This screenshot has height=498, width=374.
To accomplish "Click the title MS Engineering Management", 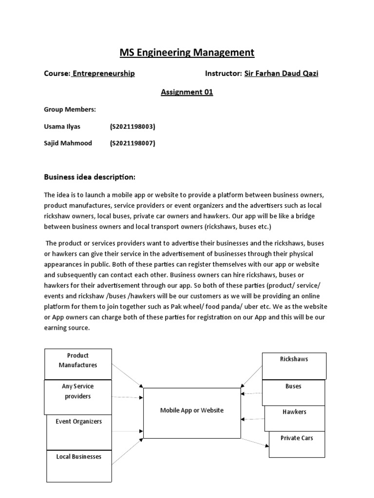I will [x=187, y=53].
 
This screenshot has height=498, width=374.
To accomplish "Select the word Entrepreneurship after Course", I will [x=103, y=73].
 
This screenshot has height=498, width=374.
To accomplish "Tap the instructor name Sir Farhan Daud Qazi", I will [x=281, y=73].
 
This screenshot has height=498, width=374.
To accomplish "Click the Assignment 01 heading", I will [x=187, y=92].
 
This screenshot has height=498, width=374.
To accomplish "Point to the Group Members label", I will [x=70, y=110].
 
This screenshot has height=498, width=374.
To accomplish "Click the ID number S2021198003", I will [x=132, y=126].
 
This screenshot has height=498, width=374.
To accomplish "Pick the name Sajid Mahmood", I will [x=68, y=143].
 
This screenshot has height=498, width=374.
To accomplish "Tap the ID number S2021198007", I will [x=132, y=143].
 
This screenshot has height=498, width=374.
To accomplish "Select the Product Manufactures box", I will [x=78, y=364].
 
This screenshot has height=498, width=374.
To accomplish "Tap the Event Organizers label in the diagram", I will [x=78, y=422].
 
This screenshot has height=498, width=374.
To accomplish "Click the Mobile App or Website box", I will [x=192, y=412].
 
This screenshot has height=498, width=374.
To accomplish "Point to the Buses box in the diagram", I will [x=294, y=391].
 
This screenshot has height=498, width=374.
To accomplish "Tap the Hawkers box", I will [x=294, y=417].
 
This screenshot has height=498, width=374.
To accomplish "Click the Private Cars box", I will [x=297, y=444].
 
